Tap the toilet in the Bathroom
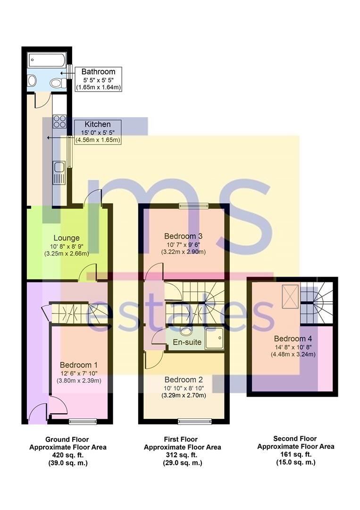[57, 83]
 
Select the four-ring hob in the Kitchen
[59, 122]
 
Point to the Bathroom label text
[98, 72]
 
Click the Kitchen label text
[98, 124]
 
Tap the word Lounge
[66, 238]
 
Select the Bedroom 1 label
[78, 365]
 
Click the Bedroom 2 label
[184, 379]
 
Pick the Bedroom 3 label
[184, 236]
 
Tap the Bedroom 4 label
[293, 338]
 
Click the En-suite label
[188, 342]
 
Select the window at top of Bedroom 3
[193, 205]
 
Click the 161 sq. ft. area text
[295, 454]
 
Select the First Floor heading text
[182, 439]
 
